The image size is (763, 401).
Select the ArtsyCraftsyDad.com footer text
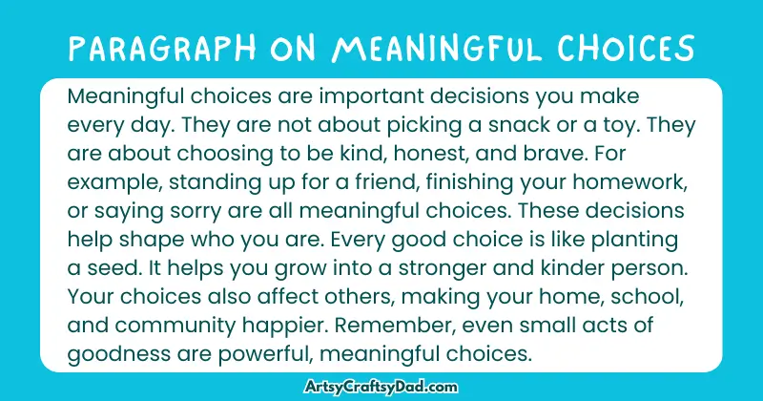coord(381,385)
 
